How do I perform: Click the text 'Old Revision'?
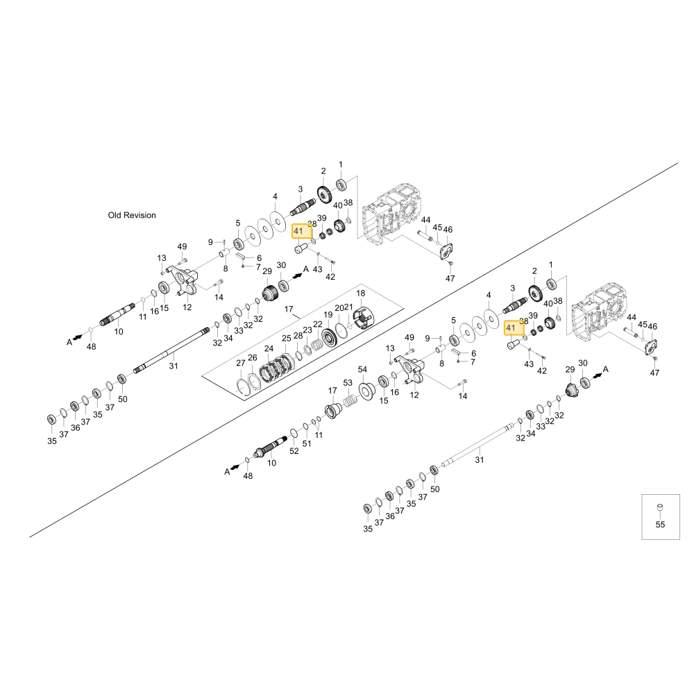tap(132, 215)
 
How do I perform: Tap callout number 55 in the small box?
tap(660, 525)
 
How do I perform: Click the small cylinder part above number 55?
tap(660, 507)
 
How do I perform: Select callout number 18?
tap(361, 293)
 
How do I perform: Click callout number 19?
tap(328, 314)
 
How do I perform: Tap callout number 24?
tap(269, 349)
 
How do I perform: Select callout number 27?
tap(240, 363)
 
